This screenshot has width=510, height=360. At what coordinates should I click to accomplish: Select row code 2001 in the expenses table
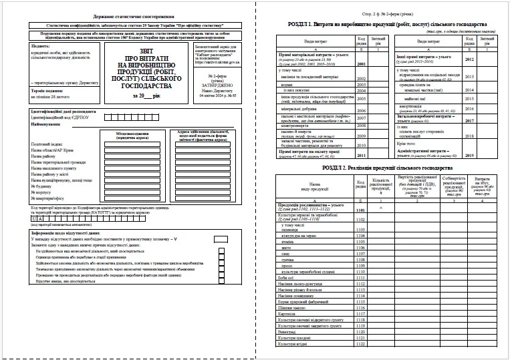click(362, 64)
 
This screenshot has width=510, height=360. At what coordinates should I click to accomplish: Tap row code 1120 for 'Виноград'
click(362, 331)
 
